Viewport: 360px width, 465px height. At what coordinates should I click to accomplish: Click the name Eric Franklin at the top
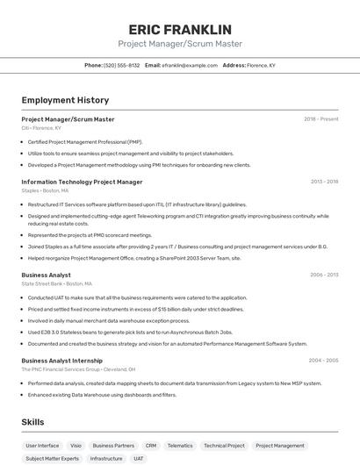pos(180,30)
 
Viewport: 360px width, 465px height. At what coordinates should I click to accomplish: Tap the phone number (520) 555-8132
pos(121,65)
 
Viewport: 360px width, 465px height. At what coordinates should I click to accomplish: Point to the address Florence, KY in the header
pos(261,65)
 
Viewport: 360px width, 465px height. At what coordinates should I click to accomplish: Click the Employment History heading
pos(65,100)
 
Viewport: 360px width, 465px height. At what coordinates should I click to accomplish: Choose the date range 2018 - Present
pos(320,119)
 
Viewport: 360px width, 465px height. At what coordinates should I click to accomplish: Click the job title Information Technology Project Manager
pos(82,182)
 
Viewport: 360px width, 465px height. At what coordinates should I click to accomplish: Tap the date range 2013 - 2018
pos(324,182)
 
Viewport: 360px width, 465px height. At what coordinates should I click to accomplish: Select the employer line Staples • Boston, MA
pos(45,190)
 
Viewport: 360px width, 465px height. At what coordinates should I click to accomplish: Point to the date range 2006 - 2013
pos(324,275)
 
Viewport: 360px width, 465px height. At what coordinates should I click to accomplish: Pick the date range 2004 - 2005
pos(323,361)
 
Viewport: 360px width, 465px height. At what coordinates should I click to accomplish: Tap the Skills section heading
pos(32,422)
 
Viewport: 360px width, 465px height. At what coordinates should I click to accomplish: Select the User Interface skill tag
pos(42,446)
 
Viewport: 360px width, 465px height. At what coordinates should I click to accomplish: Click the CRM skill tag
pos(151,446)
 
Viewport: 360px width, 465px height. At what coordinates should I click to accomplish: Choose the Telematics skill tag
pos(180,446)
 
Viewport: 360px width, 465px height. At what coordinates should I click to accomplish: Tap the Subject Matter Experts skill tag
pos(52,458)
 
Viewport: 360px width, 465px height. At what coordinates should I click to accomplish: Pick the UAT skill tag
pos(139,458)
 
